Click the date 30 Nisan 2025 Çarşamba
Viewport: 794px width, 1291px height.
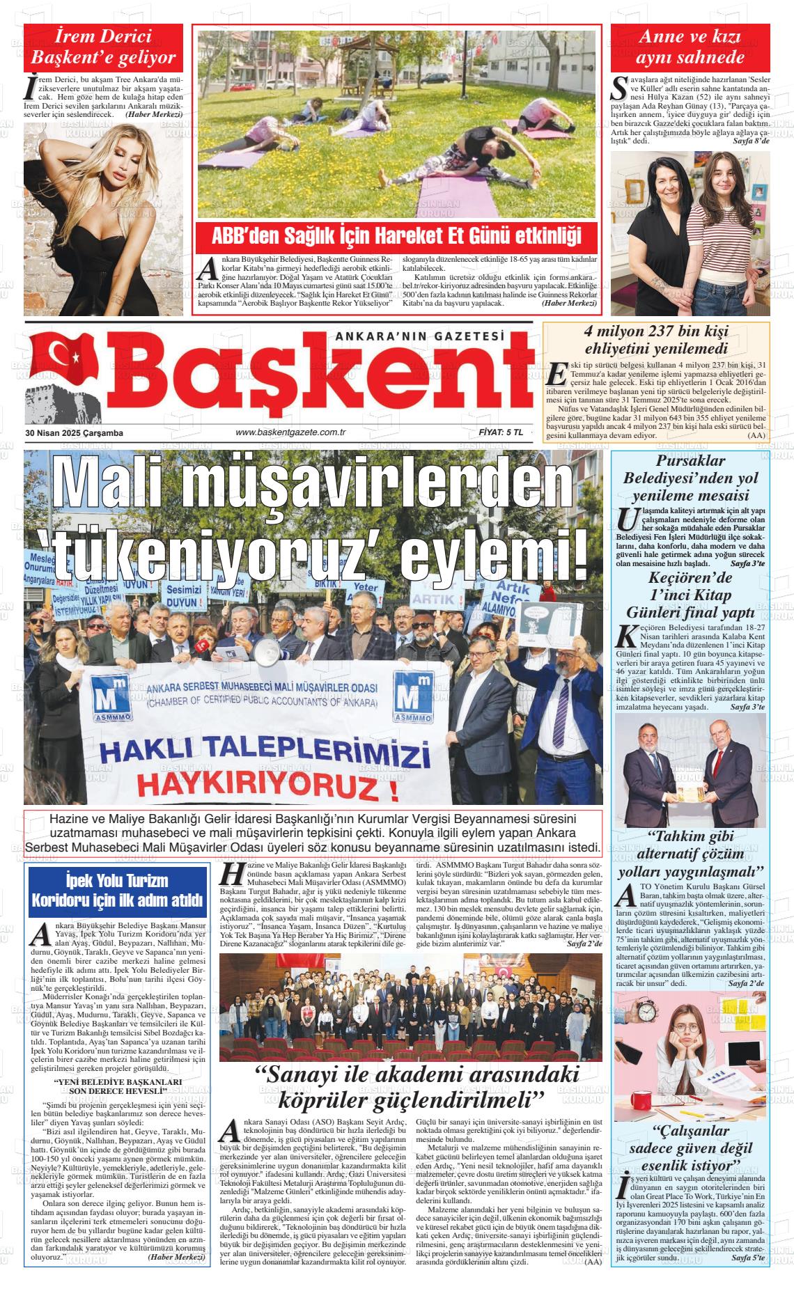click(74, 433)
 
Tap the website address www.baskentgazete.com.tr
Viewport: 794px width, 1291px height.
click(291, 432)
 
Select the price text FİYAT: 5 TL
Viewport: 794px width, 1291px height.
click(501, 432)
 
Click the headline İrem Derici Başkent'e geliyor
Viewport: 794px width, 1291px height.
click(104, 47)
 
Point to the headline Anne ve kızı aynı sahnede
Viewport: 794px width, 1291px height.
click(690, 47)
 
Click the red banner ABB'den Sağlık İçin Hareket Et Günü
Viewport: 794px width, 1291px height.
click(396, 236)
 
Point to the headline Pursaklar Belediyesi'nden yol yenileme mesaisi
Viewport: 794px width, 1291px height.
click(690, 478)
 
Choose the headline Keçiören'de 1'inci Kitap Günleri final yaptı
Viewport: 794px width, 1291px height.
click(690, 595)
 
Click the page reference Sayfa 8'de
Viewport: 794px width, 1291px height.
click(751, 141)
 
